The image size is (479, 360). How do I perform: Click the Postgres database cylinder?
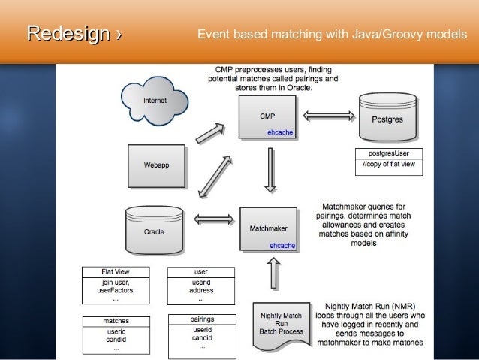tap(390, 117)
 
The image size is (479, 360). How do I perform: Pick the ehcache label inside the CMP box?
tap(280, 132)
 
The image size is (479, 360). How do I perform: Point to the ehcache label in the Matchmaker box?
tap(282, 245)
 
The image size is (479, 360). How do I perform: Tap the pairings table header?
tap(201, 319)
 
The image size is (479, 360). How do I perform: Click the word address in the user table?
tap(201, 289)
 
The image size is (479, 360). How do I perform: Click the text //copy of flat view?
tap(389, 165)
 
